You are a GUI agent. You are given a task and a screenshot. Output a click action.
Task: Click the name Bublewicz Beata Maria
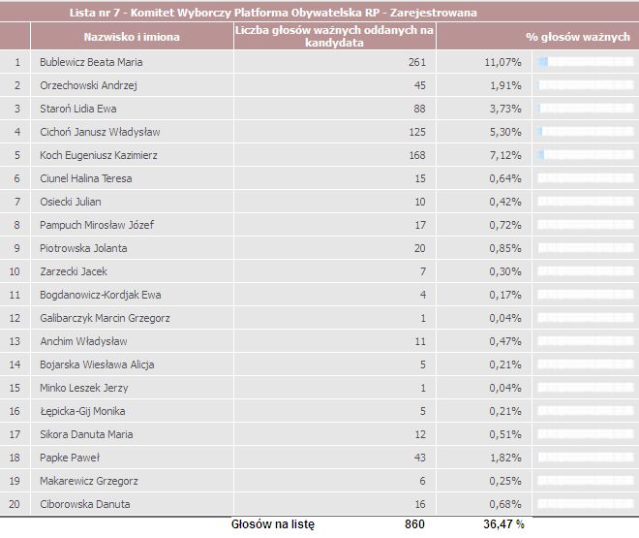91,62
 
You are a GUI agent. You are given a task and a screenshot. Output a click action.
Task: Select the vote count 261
417,62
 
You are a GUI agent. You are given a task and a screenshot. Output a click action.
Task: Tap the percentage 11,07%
502,62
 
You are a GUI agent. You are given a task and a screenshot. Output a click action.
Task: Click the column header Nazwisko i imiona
132,37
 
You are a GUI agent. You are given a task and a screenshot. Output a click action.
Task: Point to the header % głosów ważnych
578,37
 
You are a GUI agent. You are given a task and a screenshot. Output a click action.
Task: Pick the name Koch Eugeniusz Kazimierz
99,155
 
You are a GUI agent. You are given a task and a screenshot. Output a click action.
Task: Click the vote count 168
417,155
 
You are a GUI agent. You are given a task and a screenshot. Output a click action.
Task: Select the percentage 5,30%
505,132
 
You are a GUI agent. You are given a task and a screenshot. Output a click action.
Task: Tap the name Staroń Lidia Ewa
78,109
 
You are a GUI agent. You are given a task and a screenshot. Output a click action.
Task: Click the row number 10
15,271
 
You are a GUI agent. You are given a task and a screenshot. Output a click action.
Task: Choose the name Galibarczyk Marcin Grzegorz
105,318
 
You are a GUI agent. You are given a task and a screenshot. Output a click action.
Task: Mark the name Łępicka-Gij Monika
82,411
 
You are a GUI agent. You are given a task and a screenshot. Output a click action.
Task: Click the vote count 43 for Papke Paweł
420,458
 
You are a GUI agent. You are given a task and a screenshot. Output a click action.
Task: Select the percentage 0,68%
505,504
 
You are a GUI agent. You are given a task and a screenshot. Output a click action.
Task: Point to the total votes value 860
414,523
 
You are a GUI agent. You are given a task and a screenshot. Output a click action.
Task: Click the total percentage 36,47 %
503,523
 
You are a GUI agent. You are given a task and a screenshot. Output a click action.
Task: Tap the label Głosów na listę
273,524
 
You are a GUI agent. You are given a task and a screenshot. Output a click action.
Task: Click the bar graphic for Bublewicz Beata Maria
586,62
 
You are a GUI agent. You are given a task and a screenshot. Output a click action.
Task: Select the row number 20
15,504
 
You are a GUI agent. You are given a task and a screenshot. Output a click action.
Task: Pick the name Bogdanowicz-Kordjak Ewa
101,295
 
